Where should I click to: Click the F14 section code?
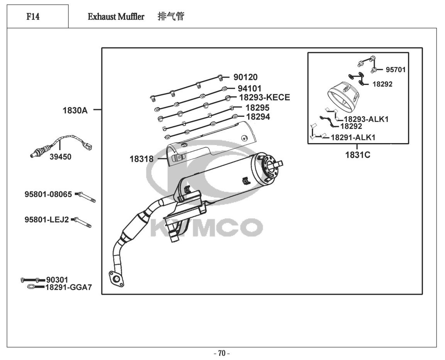[33, 17]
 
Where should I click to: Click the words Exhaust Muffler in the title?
[116, 17]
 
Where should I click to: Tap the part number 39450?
[61, 157]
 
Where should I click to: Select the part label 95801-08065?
[48, 194]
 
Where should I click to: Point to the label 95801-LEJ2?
[47, 220]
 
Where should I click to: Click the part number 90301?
[57, 280]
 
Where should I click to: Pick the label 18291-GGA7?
[69, 287]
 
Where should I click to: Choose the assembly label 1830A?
[75, 110]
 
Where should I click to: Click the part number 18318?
[142, 159]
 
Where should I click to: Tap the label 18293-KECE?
[264, 97]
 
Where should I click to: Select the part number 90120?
[245, 77]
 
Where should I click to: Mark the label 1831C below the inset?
[358, 155]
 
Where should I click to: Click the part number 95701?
[396, 70]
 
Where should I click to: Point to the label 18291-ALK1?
[353, 138]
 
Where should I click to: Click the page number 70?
[222, 353]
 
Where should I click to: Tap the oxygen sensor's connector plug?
[88, 146]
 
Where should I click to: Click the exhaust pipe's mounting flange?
[116, 279]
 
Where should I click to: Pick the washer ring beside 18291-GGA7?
[31, 287]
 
